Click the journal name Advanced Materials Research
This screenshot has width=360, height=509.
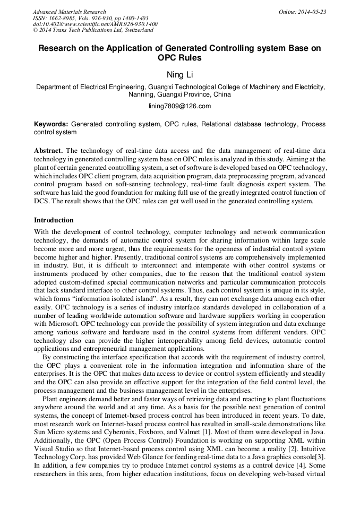[x=69, y=12]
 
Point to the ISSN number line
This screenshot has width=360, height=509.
[x=90, y=18]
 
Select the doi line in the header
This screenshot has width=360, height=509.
[x=95, y=24]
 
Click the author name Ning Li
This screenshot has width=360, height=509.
[x=180, y=75]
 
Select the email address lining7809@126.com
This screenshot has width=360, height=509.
[x=180, y=106]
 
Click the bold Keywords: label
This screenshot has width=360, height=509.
[x=51, y=124]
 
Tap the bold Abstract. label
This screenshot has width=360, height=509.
[x=49, y=151]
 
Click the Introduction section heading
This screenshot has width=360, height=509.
[x=54, y=220]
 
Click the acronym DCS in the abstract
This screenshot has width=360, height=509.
[x=42, y=202]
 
